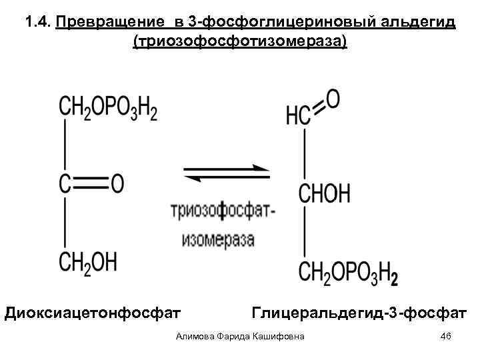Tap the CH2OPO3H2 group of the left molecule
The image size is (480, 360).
click(108, 107)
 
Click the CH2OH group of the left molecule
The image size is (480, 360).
click(88, 261)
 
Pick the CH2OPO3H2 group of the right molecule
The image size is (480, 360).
click(348, 272)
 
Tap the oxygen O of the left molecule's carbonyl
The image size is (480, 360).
click(117, 184)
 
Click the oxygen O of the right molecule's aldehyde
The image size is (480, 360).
click(333, 99)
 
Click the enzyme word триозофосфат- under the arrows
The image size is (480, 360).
click(223, 211)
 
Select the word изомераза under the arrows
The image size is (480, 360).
click(218, 239)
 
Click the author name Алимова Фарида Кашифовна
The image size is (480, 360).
click(240, 337)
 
